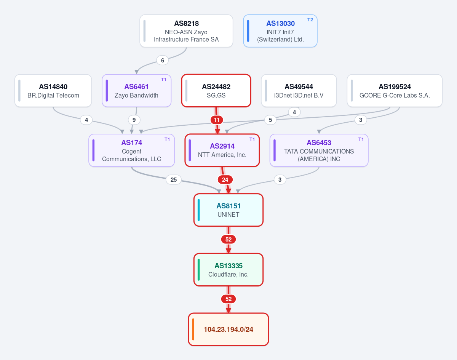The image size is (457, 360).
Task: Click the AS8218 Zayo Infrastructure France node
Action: (186, 31)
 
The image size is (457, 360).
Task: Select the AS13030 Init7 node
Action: (280, 31)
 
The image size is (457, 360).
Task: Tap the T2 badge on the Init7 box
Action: (310, 20)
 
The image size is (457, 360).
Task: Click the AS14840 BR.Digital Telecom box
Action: (53, 91)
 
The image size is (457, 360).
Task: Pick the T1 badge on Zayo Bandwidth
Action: (164, 80)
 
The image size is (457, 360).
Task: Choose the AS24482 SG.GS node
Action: (216, 91)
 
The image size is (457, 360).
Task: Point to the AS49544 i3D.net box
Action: (299, 91)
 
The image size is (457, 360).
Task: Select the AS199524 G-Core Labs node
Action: (395, 91)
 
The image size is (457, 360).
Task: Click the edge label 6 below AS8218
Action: (163, 61)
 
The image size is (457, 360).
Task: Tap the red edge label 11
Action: (217, 120)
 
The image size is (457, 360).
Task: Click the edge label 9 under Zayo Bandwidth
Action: (134, 120)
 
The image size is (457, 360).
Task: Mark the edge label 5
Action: (270, 120)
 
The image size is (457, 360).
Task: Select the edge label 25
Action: (174, 179)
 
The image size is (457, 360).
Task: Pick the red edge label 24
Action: (225, 179)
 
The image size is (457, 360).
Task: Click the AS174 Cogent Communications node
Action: (132, 150)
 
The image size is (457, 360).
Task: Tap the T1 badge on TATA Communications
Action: (361, 139)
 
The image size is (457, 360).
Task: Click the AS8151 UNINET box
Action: (228, 210)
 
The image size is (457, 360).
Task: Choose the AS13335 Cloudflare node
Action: (228, 270)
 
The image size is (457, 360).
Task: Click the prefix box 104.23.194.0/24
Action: (228, 330)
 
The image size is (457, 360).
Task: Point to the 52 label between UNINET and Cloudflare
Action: (228, 240)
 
